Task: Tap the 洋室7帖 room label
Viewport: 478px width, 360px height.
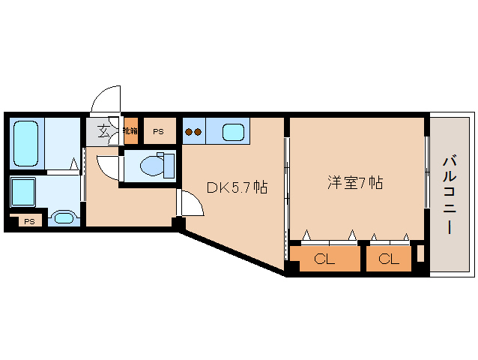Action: click(x=354, y=182)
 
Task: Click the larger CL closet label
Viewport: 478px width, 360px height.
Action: click(x=324, y=259)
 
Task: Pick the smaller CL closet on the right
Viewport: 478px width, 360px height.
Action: click(x=388, y=259)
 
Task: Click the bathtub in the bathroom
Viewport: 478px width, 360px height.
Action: click(x=28, y=144)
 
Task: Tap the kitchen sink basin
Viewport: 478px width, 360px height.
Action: click(x=234, y=133)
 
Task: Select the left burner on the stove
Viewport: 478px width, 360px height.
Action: click(x=190, y=133)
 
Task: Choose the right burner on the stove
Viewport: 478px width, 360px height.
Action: click(x=199, y=133)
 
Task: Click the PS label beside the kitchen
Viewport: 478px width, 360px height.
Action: click(x=158, y=132)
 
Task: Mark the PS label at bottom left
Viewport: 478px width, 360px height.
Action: click(x=28, y=221)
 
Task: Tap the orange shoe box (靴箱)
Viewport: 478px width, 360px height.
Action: click(x=131, y=131)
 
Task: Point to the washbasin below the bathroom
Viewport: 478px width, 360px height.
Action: click(x=64, y=219)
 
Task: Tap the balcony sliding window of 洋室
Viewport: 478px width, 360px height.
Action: click(x=427, y=172)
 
